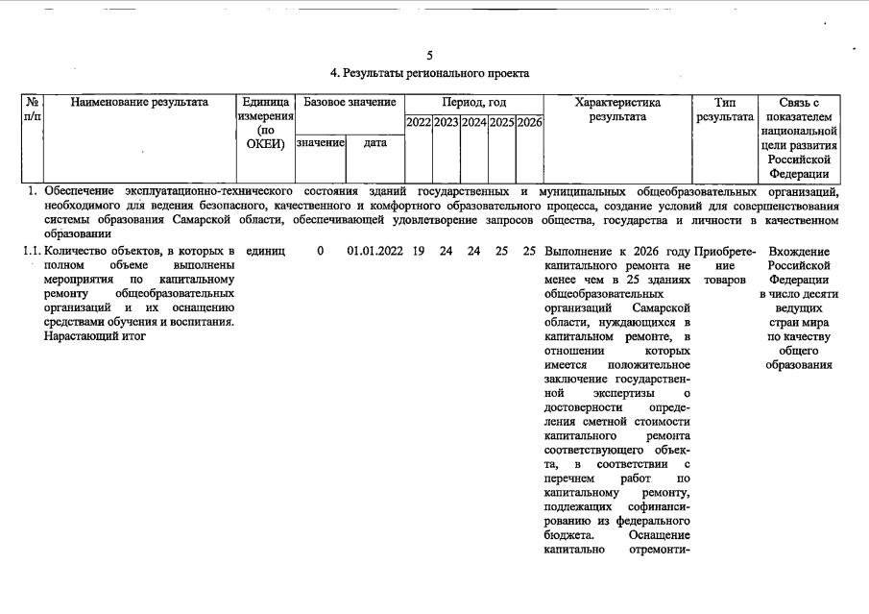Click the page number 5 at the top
pos(429,55)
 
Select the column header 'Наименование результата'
pos(139,102)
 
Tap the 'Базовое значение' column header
pos(349,102)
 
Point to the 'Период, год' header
pos(473,102)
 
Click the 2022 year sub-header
pos(418,122)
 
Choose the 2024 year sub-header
pos(473,122)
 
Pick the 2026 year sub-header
pos(529,122)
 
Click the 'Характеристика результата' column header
pos(617,109)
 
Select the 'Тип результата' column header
pos(725,109)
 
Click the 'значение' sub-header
pos(320,142)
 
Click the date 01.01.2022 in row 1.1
pos(374,251)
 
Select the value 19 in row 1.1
pos(418,251)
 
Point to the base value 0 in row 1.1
pos(320,251)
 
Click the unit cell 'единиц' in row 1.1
pos(265,251)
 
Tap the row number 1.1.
pos(32,251)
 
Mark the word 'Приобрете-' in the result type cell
pos(725,251)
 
